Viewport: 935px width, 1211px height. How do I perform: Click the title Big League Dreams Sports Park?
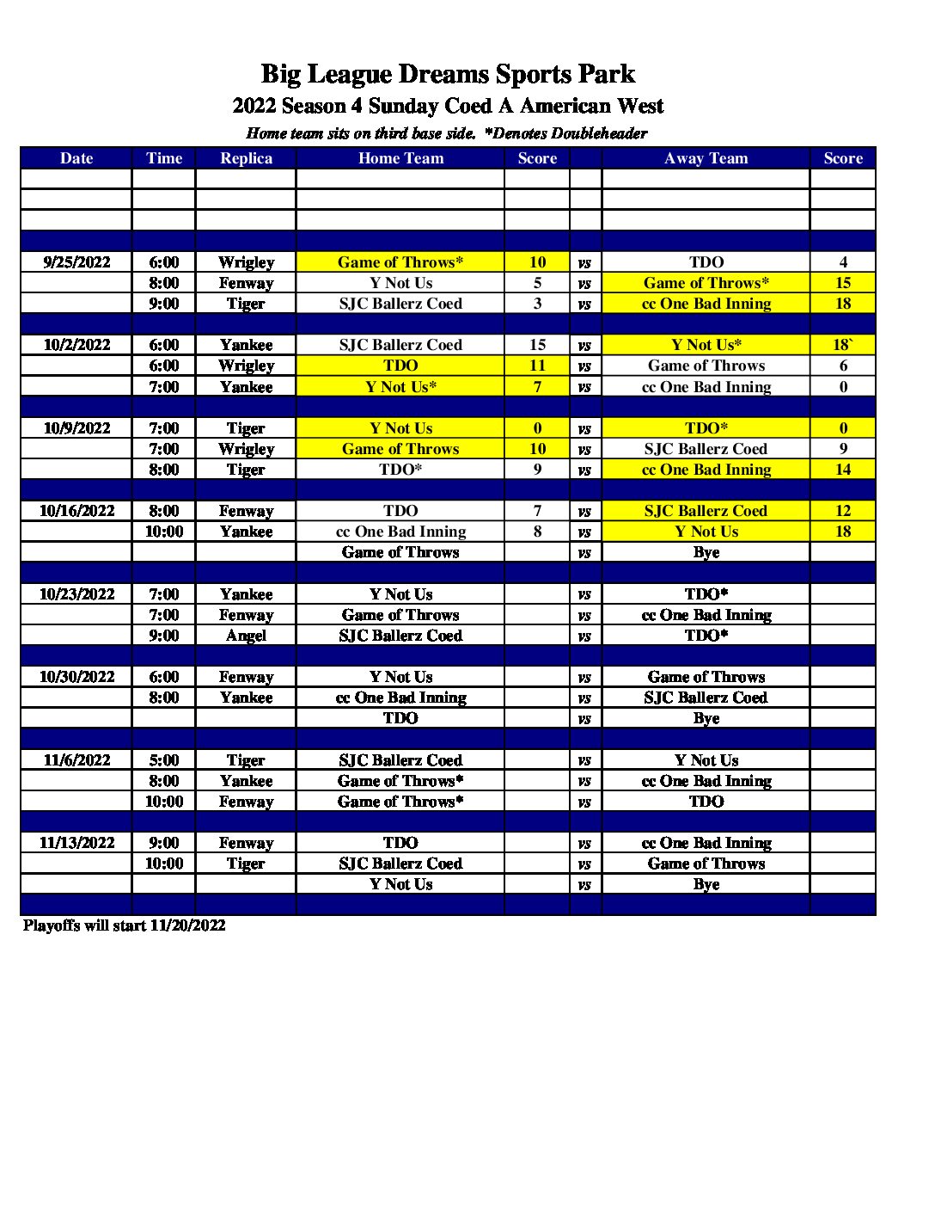point(448,74)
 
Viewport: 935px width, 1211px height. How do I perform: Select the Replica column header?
point(246,158)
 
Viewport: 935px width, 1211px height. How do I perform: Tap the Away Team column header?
point(706,158)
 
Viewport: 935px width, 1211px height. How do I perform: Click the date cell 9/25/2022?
point(76,262)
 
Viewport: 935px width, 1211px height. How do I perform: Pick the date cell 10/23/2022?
point(76,594)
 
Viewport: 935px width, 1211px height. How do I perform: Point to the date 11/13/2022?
point(76,843)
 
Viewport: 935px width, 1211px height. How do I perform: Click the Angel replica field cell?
point(246,636)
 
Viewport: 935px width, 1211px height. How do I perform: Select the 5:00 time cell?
point(163,760)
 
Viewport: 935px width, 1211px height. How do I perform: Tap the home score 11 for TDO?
point(537,366)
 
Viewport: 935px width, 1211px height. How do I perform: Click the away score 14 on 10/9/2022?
point(842,470)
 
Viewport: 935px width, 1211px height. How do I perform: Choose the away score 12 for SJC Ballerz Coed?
point(842,511)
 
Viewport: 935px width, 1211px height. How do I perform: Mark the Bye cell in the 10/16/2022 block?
point(706,552)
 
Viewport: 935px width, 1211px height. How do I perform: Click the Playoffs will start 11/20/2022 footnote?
point(125,925)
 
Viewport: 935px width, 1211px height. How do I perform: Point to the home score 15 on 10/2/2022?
point(537,345)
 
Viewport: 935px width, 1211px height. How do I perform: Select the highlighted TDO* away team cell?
point(706,428)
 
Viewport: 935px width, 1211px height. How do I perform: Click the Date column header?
point(76,158)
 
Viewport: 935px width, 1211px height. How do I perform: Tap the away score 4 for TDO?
point(842,262)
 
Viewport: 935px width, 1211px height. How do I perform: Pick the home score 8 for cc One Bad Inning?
point(537,532)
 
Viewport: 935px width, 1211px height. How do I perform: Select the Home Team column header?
point(400,158)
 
